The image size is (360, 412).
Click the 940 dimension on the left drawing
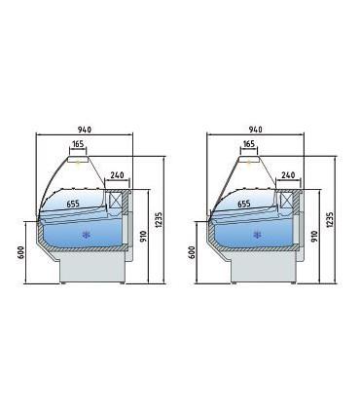[x=85, y=130]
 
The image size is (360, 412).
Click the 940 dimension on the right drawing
[x=256, y=130]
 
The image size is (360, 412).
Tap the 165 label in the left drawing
[x=78, y=143]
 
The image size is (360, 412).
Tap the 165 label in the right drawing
[x=249, y=143]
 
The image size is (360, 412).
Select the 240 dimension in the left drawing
[x=117, y=175]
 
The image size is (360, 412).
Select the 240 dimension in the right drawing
[x=288, y=175]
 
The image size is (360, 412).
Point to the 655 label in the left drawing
[x=73, y=204]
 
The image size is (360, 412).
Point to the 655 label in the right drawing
[x=244, y=204]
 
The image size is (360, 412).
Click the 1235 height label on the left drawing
[x=159, y=220]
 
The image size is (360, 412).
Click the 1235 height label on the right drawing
[x=330, y=220]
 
